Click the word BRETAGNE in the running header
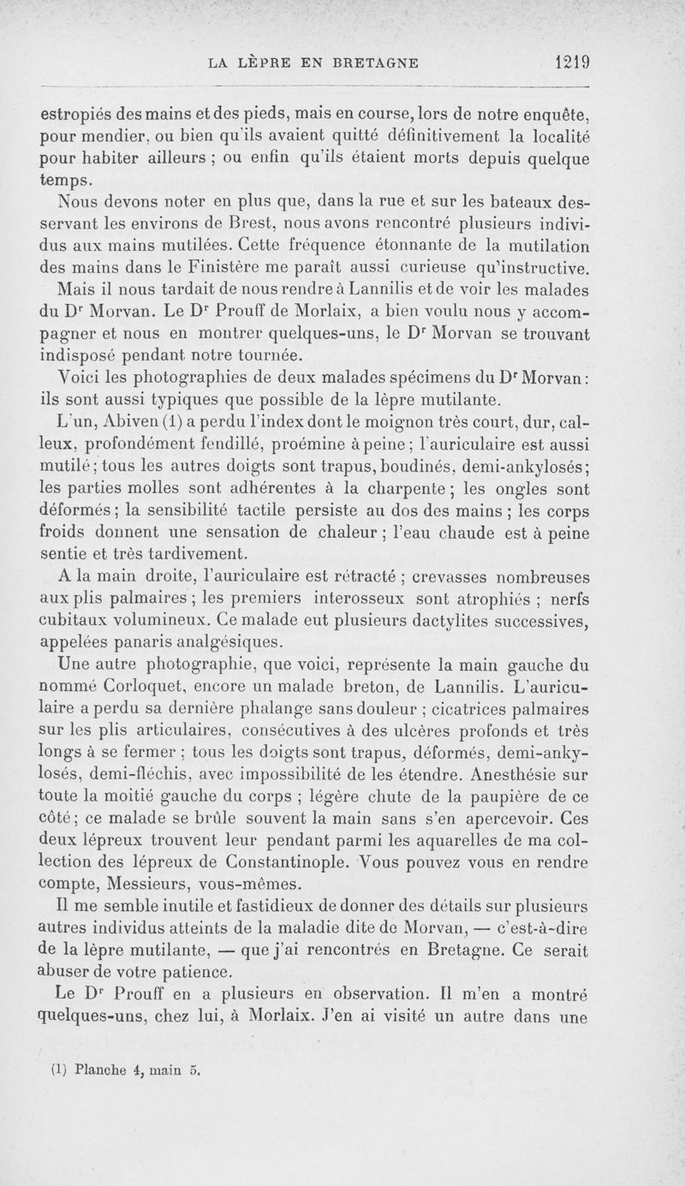371,63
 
